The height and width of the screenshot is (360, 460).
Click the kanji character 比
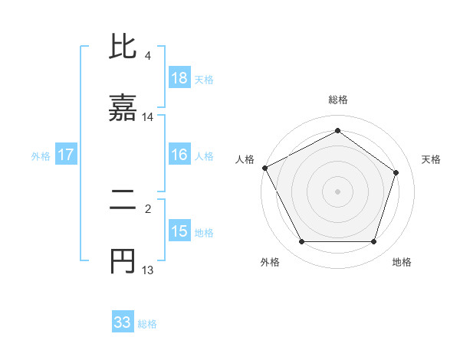point(123,47)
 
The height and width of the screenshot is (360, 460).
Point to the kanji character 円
point(123,262)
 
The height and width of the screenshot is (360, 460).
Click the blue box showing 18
point(179,77)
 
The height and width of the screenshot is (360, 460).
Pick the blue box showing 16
point(179,155)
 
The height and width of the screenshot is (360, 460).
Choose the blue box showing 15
point(179,231)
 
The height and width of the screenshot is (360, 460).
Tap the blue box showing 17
point(66,155)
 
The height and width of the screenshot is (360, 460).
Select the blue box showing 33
point(123,322)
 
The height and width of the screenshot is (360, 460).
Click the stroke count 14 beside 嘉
point(148,117)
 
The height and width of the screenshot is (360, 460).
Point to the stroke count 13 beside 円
point(148,270)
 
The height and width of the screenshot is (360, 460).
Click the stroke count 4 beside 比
point(148,56)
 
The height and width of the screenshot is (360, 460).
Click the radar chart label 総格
point(338,100)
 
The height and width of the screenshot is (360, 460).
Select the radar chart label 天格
point(431,159)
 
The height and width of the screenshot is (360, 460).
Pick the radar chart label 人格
point(245,159)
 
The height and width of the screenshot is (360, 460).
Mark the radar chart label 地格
point(402,262)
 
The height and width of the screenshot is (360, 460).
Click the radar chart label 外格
point(270,262)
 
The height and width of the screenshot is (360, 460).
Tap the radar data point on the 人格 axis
point(265,168)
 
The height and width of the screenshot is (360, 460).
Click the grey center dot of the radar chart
point(338,191)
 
